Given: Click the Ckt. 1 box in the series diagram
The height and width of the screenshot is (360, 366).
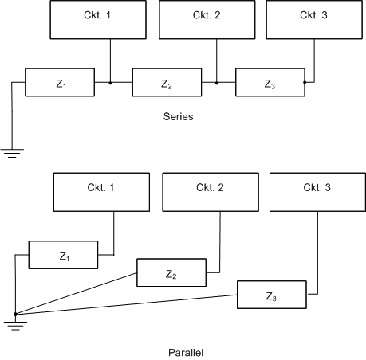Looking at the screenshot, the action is pyautogui.click(x=98, y=20).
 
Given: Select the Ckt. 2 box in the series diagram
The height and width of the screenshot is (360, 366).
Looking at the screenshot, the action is pyautogui.click(x=207, y=20).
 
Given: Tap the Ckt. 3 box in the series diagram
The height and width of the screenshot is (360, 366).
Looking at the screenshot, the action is pyautogui.click(x=314, y=20).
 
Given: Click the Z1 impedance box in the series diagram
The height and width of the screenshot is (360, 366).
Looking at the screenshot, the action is pyautogui.click(x=60, y=82).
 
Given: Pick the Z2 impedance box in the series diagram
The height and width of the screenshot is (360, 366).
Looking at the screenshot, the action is pyautogui.click(x=167, y=82).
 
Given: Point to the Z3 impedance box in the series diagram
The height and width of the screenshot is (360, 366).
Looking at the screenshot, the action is pyautogui.click(x=270, y=82).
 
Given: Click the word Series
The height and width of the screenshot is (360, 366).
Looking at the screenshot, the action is pyautogui.click(x=178, y=116).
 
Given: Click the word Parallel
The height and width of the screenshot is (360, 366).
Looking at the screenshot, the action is pyautogui.click(x=186, y=353).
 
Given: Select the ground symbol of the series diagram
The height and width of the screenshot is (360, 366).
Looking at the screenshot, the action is pyautogui.click(x=12, y=153).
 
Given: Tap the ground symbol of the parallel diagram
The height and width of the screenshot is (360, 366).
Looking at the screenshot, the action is pyautogui.click(x=15, y=326).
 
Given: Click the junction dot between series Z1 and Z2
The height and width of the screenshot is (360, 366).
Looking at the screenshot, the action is pyautogui.click(x=110, y=83).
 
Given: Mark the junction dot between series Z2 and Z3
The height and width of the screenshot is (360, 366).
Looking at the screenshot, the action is pyautogui.click(x=217, y=83).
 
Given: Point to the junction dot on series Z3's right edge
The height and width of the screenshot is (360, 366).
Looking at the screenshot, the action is pyautogui.click(x=305, y=82).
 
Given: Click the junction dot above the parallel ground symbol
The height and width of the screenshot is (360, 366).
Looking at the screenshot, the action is pyautogui.click(x=15, y=314).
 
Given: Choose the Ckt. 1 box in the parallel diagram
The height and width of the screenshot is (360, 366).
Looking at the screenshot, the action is pyautogui.click(x=101, y=192).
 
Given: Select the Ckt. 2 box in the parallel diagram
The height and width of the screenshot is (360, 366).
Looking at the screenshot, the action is pyautogui.click(x=211, y=192).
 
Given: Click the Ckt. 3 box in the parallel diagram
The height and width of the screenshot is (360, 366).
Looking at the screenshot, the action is pyautogui.click(x=317, y=192).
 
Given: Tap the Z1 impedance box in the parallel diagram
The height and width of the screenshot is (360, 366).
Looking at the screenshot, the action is pyautogui.click(x=63, y=255).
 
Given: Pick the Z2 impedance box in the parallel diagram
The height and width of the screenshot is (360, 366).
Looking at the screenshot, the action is pyautogui.click(x=171, y=272).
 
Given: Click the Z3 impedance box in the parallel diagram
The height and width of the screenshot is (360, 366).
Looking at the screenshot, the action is pyautogui.click(x=272, y=295).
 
